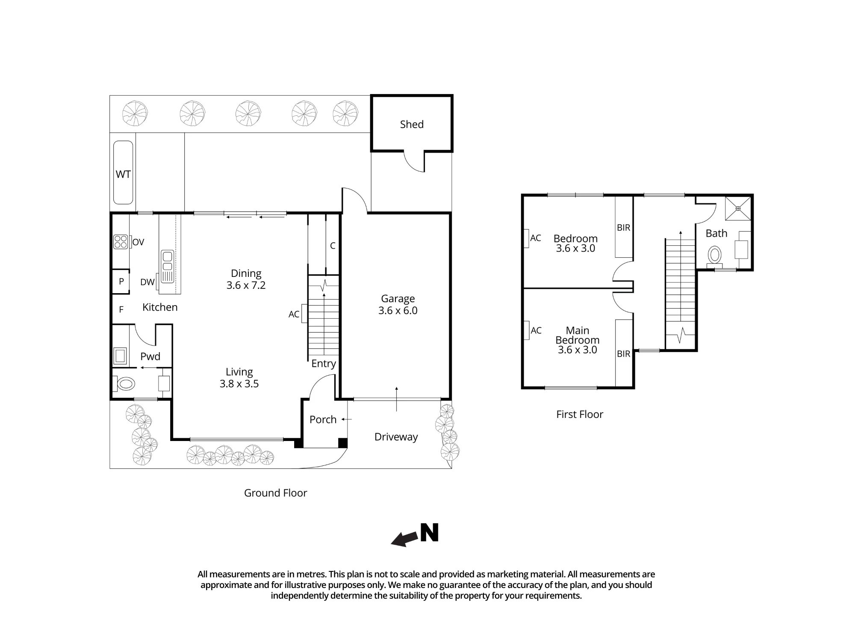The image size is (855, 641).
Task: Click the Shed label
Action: [x=412, y=124]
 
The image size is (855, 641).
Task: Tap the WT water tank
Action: [x=123, y=173]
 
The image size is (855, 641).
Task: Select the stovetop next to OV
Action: [x=121, y=242]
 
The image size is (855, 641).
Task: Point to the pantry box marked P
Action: [x=121, y=281]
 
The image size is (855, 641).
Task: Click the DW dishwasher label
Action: [x=147, y=282]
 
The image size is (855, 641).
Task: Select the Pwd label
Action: [x=150, y=356]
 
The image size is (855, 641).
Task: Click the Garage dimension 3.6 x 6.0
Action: [x=398, y=311]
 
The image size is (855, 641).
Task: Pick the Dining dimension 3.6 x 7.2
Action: [x=246, y=285]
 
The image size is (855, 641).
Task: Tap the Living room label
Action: [x=239, y=372]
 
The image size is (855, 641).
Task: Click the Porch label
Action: [x=323, y=420]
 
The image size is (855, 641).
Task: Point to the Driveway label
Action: [x=396, y=437]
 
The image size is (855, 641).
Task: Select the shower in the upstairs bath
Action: [x=738, y=209]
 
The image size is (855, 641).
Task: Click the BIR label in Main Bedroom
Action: [x=624, y=354]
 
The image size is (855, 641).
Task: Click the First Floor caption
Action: [x=579, y=415]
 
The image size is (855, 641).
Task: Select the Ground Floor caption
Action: [x=275, y=493]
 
